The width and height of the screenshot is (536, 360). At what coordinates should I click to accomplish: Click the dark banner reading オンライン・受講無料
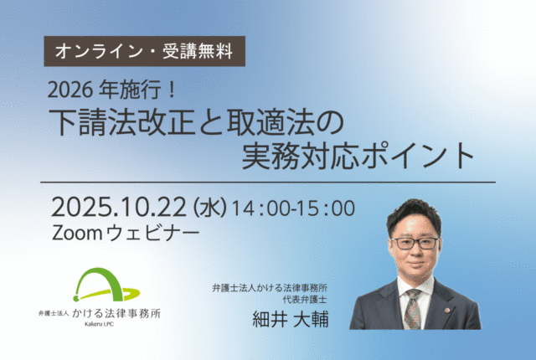144,51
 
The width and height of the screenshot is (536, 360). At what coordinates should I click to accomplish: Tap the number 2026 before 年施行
70,91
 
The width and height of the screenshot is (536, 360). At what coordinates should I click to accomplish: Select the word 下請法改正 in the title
121,122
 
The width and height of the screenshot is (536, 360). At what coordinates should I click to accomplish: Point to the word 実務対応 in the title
300,156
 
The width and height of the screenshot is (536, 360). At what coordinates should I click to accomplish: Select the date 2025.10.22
119,208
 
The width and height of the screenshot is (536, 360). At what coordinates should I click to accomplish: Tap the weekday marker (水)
209,208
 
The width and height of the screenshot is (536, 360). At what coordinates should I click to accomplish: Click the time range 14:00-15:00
294,208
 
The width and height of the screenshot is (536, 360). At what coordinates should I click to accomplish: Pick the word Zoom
76,234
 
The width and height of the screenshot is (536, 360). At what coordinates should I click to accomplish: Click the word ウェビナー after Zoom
152,234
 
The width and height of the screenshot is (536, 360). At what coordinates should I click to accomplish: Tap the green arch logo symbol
106,285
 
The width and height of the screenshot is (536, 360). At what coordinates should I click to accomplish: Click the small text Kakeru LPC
99,324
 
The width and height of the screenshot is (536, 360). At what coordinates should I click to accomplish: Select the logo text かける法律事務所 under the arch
116,314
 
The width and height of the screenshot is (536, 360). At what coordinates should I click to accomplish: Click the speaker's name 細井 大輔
291,319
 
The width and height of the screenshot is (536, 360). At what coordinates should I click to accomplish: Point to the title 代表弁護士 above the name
305,300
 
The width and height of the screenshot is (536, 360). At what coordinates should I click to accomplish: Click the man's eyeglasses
415,243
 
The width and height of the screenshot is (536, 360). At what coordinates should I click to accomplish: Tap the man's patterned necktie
413,308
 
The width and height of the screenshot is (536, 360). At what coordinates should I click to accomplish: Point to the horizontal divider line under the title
268,182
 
